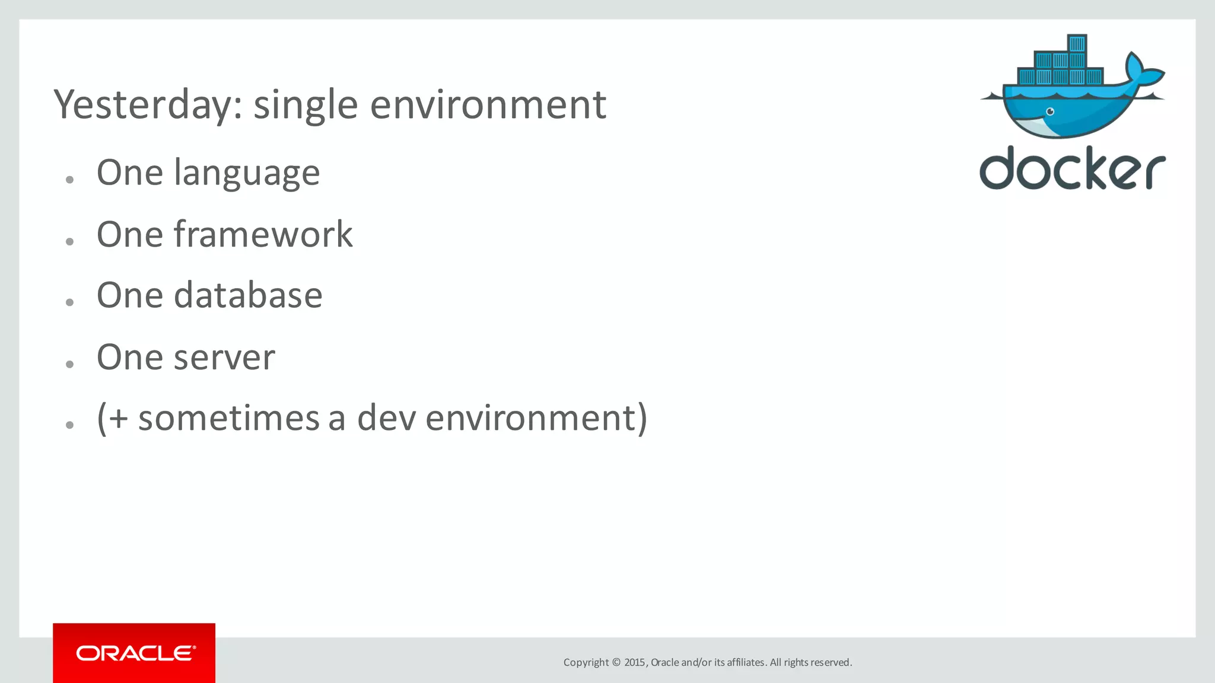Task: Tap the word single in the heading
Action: point(306,106)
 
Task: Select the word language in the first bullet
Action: point(247,174)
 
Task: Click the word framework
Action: point(263,234)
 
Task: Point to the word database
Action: point(247,295)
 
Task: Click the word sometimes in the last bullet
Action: point(229,418)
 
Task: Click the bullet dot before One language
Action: point(70,180)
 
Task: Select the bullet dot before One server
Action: point(70,364)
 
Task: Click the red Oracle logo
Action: point(134,653)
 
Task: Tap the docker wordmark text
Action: point(1072,169)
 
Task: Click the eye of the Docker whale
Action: point(1050,111)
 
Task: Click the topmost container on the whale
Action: point(1077,43)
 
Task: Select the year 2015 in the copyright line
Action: point(634,662)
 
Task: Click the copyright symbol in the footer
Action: point(616,662)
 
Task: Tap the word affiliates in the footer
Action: point(746,662)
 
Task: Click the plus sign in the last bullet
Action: point(119,418)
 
